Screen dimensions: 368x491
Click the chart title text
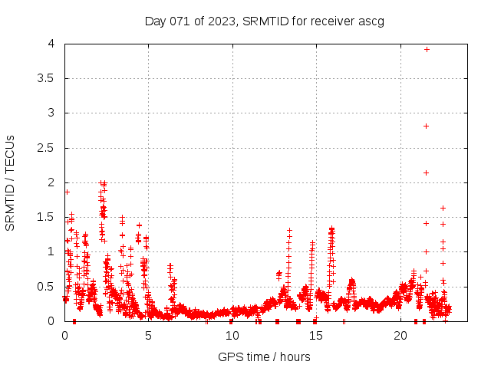[265, 21]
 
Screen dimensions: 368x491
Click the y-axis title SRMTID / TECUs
[10, 182]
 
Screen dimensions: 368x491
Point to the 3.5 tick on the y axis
[48, 78]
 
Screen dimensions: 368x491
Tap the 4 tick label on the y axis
[52, 44]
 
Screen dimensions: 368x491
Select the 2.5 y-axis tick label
[48, 148]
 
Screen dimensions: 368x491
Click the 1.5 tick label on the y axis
[48, 217]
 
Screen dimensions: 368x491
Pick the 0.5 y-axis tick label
[48, 287]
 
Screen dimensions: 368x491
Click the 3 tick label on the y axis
[52, 113]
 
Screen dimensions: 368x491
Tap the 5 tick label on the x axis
[149, 336]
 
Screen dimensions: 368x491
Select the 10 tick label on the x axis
[232, 336]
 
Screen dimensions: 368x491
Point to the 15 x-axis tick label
[316, 336]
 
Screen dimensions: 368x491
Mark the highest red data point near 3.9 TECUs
[427, 49]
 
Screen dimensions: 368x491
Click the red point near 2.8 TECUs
[426, 126]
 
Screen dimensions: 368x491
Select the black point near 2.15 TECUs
[426, 172]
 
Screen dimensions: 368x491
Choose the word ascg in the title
[372, 21]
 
